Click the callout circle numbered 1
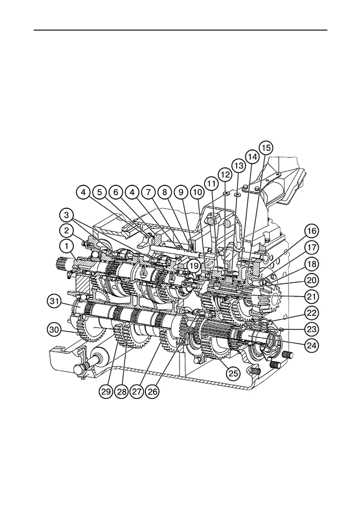pos(67,247)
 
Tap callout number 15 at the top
pos(266,148)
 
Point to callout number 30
pos(54,330)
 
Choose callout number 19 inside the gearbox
pos(194,266)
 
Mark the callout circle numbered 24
pos(311,345)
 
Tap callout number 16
pos(311,231)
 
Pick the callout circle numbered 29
pos(106,391)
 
